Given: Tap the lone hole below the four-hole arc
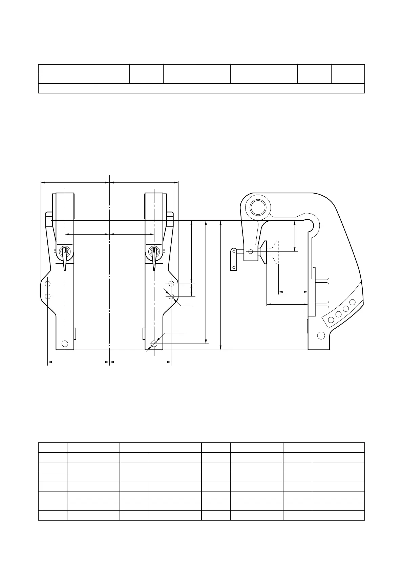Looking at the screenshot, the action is click(x=321, y=335).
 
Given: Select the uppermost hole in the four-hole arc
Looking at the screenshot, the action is click(x=353, y=302).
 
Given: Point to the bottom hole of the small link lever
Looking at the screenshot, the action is click(x=234, y=268).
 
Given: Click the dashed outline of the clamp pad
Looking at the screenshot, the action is click(x=275, y=252).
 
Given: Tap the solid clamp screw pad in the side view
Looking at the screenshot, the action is click(x=263, y=252).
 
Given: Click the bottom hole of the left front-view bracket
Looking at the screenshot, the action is click(x=65, y=344).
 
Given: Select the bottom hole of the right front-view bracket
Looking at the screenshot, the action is click(x=154, y=344).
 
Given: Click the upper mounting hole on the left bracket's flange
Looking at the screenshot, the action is click(x=48, y=283).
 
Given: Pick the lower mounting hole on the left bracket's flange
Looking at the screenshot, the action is click(x=48, y=296).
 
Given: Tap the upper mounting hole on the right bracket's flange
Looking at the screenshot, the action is click(x=171, y=283).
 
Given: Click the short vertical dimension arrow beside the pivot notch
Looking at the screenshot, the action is click(x=295, y=236).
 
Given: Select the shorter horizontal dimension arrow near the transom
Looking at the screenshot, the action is click(x=293, y=291).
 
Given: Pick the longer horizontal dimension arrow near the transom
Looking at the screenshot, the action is click(x=287, y=304).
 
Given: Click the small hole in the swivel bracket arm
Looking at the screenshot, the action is click(x=251, y=251).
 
